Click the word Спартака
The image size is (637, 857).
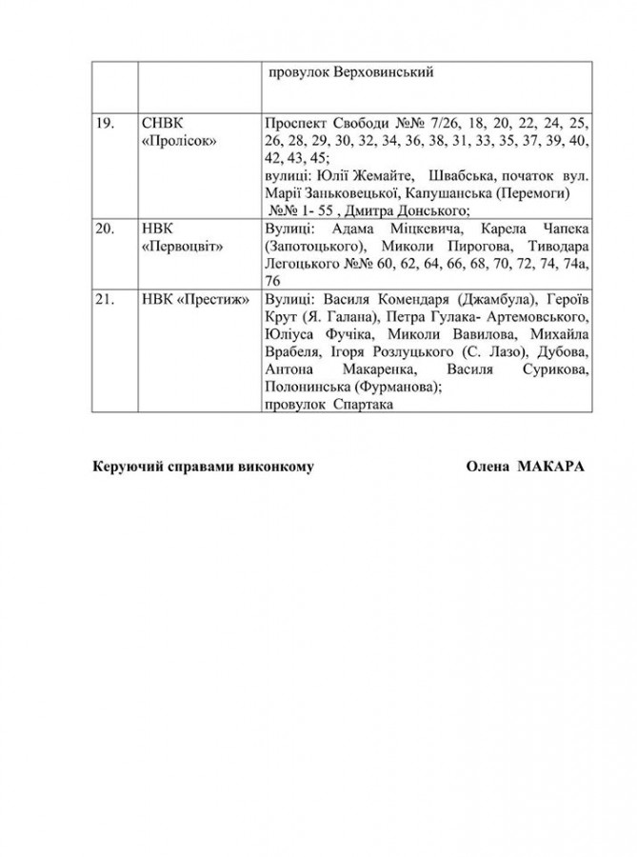[363, 404]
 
